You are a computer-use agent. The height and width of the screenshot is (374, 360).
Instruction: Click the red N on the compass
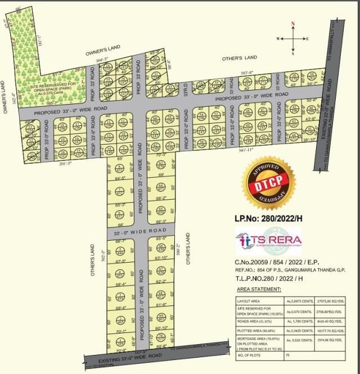click(292, 24)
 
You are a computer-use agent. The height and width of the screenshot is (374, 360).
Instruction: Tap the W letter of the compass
click(278, 39)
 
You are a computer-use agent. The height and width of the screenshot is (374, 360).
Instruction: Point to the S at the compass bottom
click(292, 53)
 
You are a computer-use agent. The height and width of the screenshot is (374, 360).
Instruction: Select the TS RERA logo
click(268, 241)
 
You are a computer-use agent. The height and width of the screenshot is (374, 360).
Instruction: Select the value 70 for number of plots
click(289, 355)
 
